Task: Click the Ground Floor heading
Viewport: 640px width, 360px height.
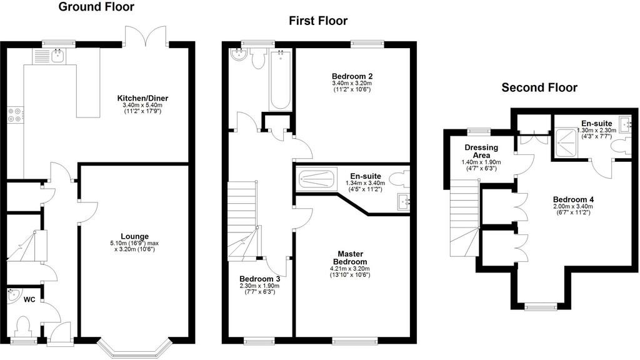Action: [96, 7]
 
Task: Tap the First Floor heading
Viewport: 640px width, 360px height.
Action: [317, 21]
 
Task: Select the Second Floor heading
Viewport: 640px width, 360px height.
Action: [539, 87]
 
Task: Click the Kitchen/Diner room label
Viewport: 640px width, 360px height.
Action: [143, 98]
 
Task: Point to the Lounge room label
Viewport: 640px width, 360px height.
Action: [134, 236]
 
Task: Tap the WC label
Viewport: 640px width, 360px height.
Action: [28, 300]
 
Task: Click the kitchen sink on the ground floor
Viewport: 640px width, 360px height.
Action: [48, 57]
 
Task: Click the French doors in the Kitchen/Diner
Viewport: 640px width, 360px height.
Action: [146, 36]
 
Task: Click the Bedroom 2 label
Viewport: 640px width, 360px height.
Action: [352, 76]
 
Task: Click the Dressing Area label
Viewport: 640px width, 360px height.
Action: [481, 151]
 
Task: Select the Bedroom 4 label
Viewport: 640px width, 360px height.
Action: [573, 199]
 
